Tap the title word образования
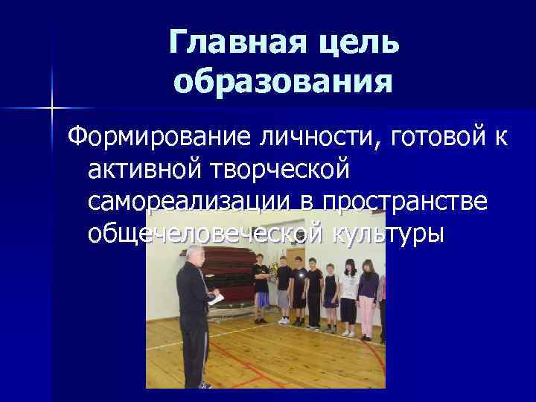(284, 81)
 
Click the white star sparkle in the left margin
(52, 108)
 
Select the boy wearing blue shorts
(261, 287)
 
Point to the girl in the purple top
(368, 294)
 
